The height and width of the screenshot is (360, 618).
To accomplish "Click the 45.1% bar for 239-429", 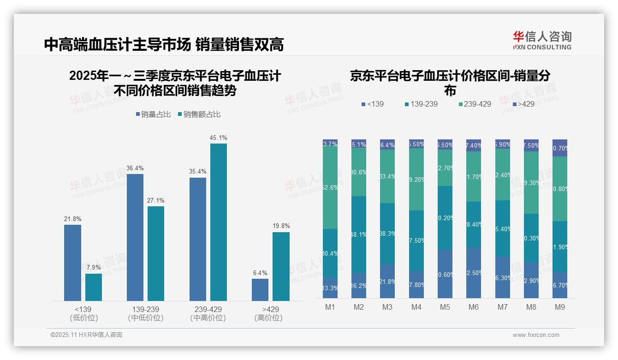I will [219, 222].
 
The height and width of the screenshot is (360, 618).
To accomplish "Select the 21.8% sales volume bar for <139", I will [72, 263].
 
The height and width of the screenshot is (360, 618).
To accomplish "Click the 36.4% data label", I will [135, 168].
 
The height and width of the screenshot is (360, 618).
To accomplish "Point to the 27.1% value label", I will [156, 200].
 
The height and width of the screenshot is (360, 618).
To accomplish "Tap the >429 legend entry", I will [523, 104].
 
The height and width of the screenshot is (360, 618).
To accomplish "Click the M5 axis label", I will [445, 307].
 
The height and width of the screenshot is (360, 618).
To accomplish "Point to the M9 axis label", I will [559, 307].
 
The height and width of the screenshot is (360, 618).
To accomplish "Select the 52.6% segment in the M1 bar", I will [330, 188].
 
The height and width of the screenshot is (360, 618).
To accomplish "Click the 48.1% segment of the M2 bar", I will [359, 234].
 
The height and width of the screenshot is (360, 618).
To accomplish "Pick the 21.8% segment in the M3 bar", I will [387, 281].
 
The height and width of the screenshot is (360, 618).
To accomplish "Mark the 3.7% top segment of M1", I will [330, 143].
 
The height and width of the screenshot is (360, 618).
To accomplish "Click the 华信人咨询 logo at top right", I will [542, 40].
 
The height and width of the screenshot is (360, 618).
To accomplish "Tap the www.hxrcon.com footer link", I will [536, 335].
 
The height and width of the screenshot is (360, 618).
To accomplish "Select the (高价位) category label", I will [268, 318].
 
